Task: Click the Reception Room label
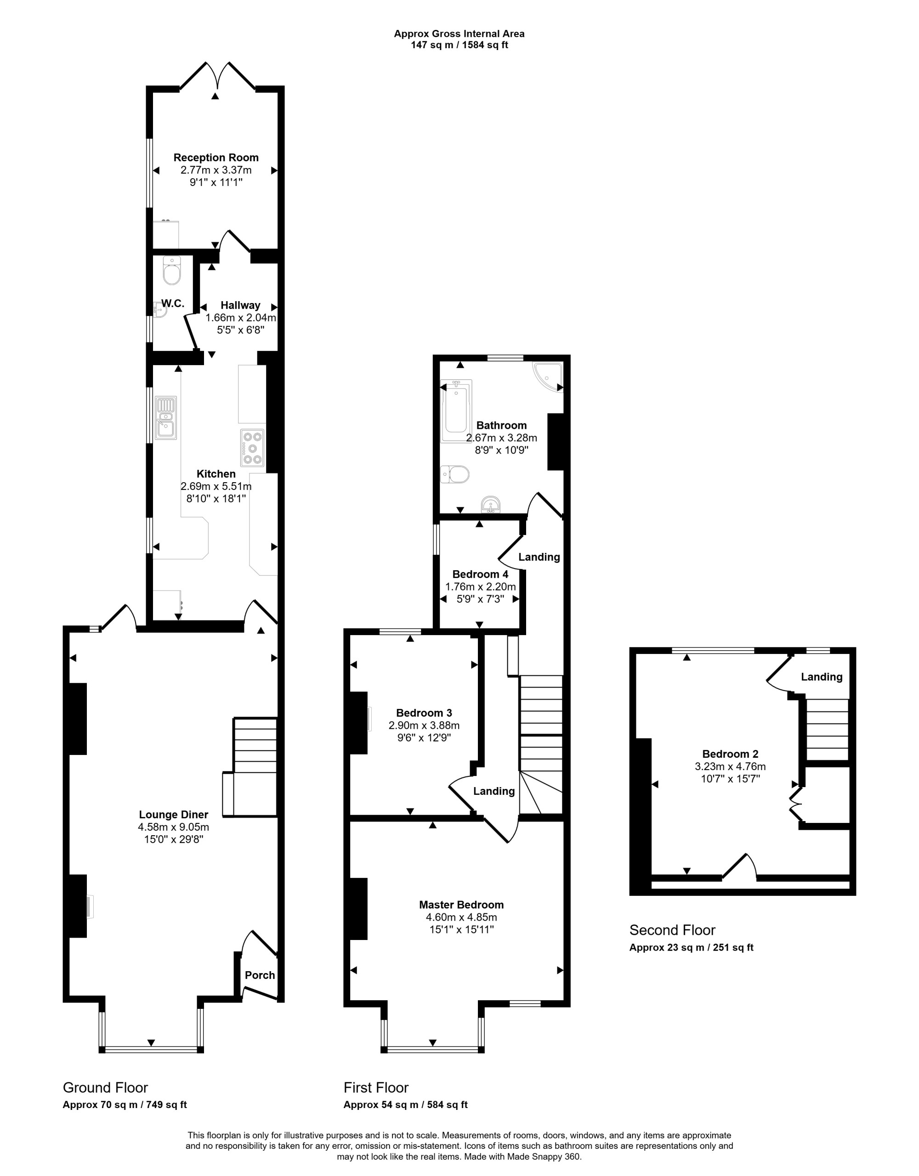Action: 216,158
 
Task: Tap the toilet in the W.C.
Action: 172,270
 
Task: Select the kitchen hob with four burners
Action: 252,447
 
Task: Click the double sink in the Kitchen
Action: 166,418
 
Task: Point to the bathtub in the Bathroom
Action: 456,411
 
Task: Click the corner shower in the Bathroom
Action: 548,377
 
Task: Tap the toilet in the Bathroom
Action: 455,474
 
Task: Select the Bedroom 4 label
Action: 480,574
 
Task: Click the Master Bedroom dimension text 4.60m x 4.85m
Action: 461,917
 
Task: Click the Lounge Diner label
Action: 173,815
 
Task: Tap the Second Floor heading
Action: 672,930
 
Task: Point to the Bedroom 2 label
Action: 730,754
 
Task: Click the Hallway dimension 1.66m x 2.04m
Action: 241,318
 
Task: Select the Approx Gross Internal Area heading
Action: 459,34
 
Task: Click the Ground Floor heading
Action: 106,1087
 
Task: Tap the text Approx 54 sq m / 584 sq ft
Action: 406,1105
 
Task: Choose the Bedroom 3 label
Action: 424,713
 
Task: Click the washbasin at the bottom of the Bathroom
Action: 490,505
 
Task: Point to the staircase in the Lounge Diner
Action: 255,767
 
